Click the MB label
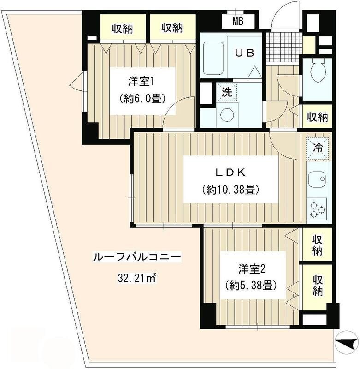click(237, 21)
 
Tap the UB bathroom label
click(245, 53)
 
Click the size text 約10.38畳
click(230, 189)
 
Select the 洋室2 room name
click(251, 268)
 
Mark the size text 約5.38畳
click(251, 285)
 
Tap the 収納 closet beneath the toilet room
click(317, 117)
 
